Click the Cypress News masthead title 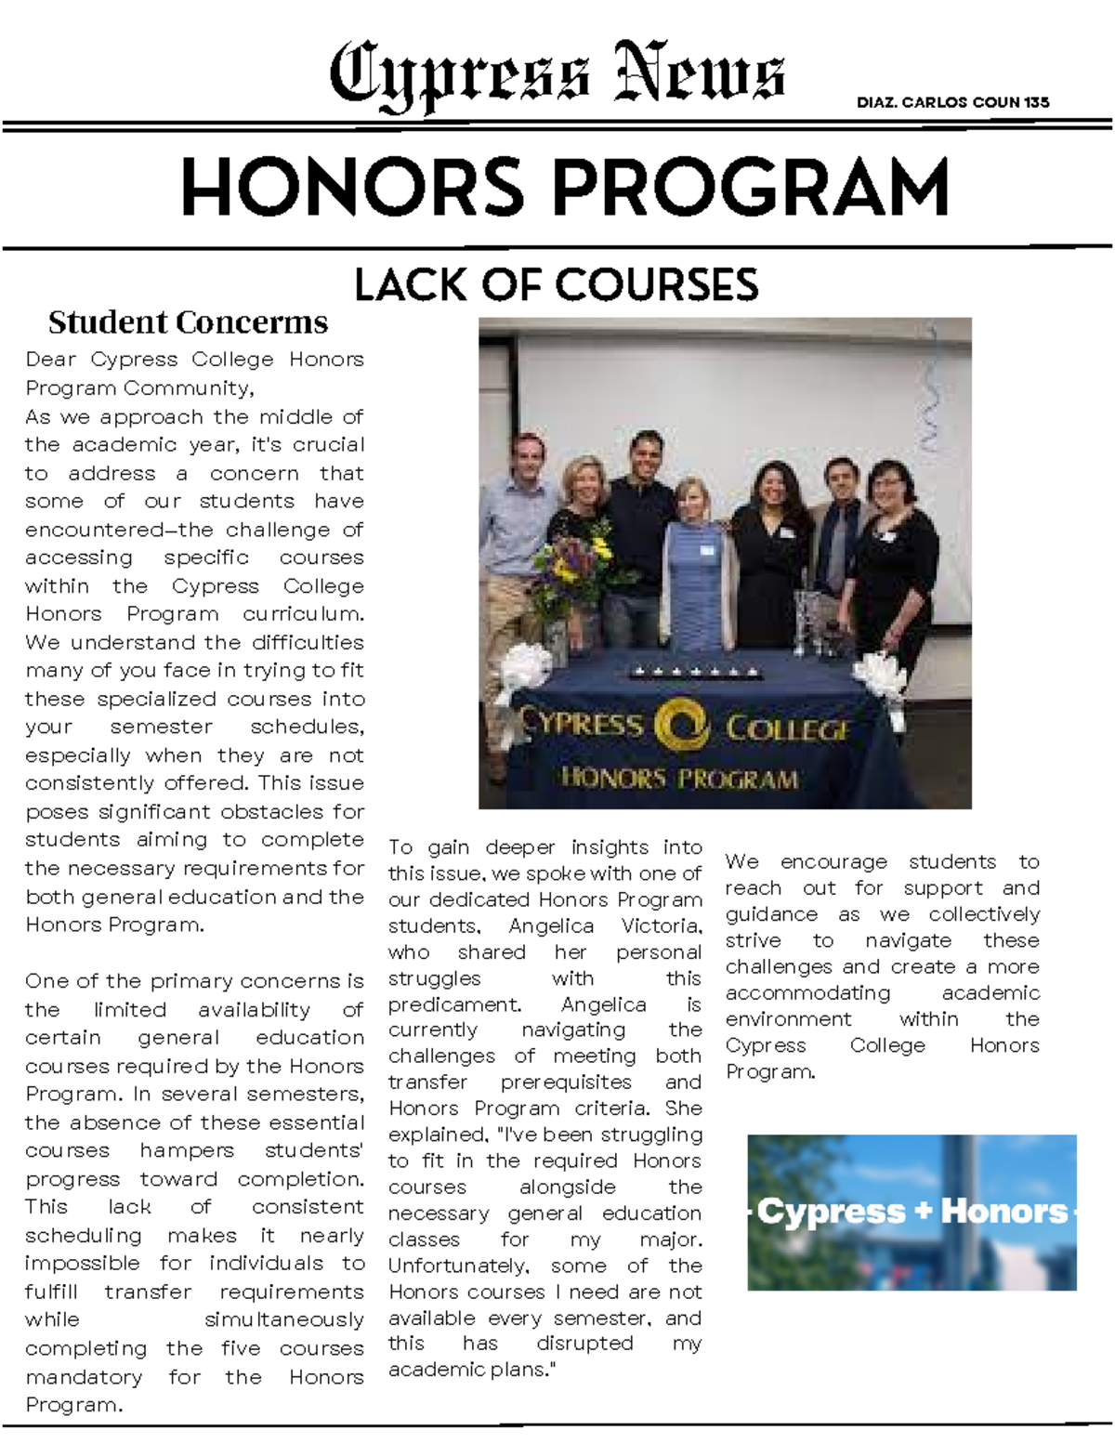(557, 74)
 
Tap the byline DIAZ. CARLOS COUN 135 (952, 102)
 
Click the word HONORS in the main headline (353, 188)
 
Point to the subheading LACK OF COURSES (556, 285)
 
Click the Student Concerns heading (188, 322)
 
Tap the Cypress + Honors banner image (912, 1212)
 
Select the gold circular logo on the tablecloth (682, 726)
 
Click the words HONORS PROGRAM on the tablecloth (679, 778)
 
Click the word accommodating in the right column (807, 993)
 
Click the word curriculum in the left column (303, 614)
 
